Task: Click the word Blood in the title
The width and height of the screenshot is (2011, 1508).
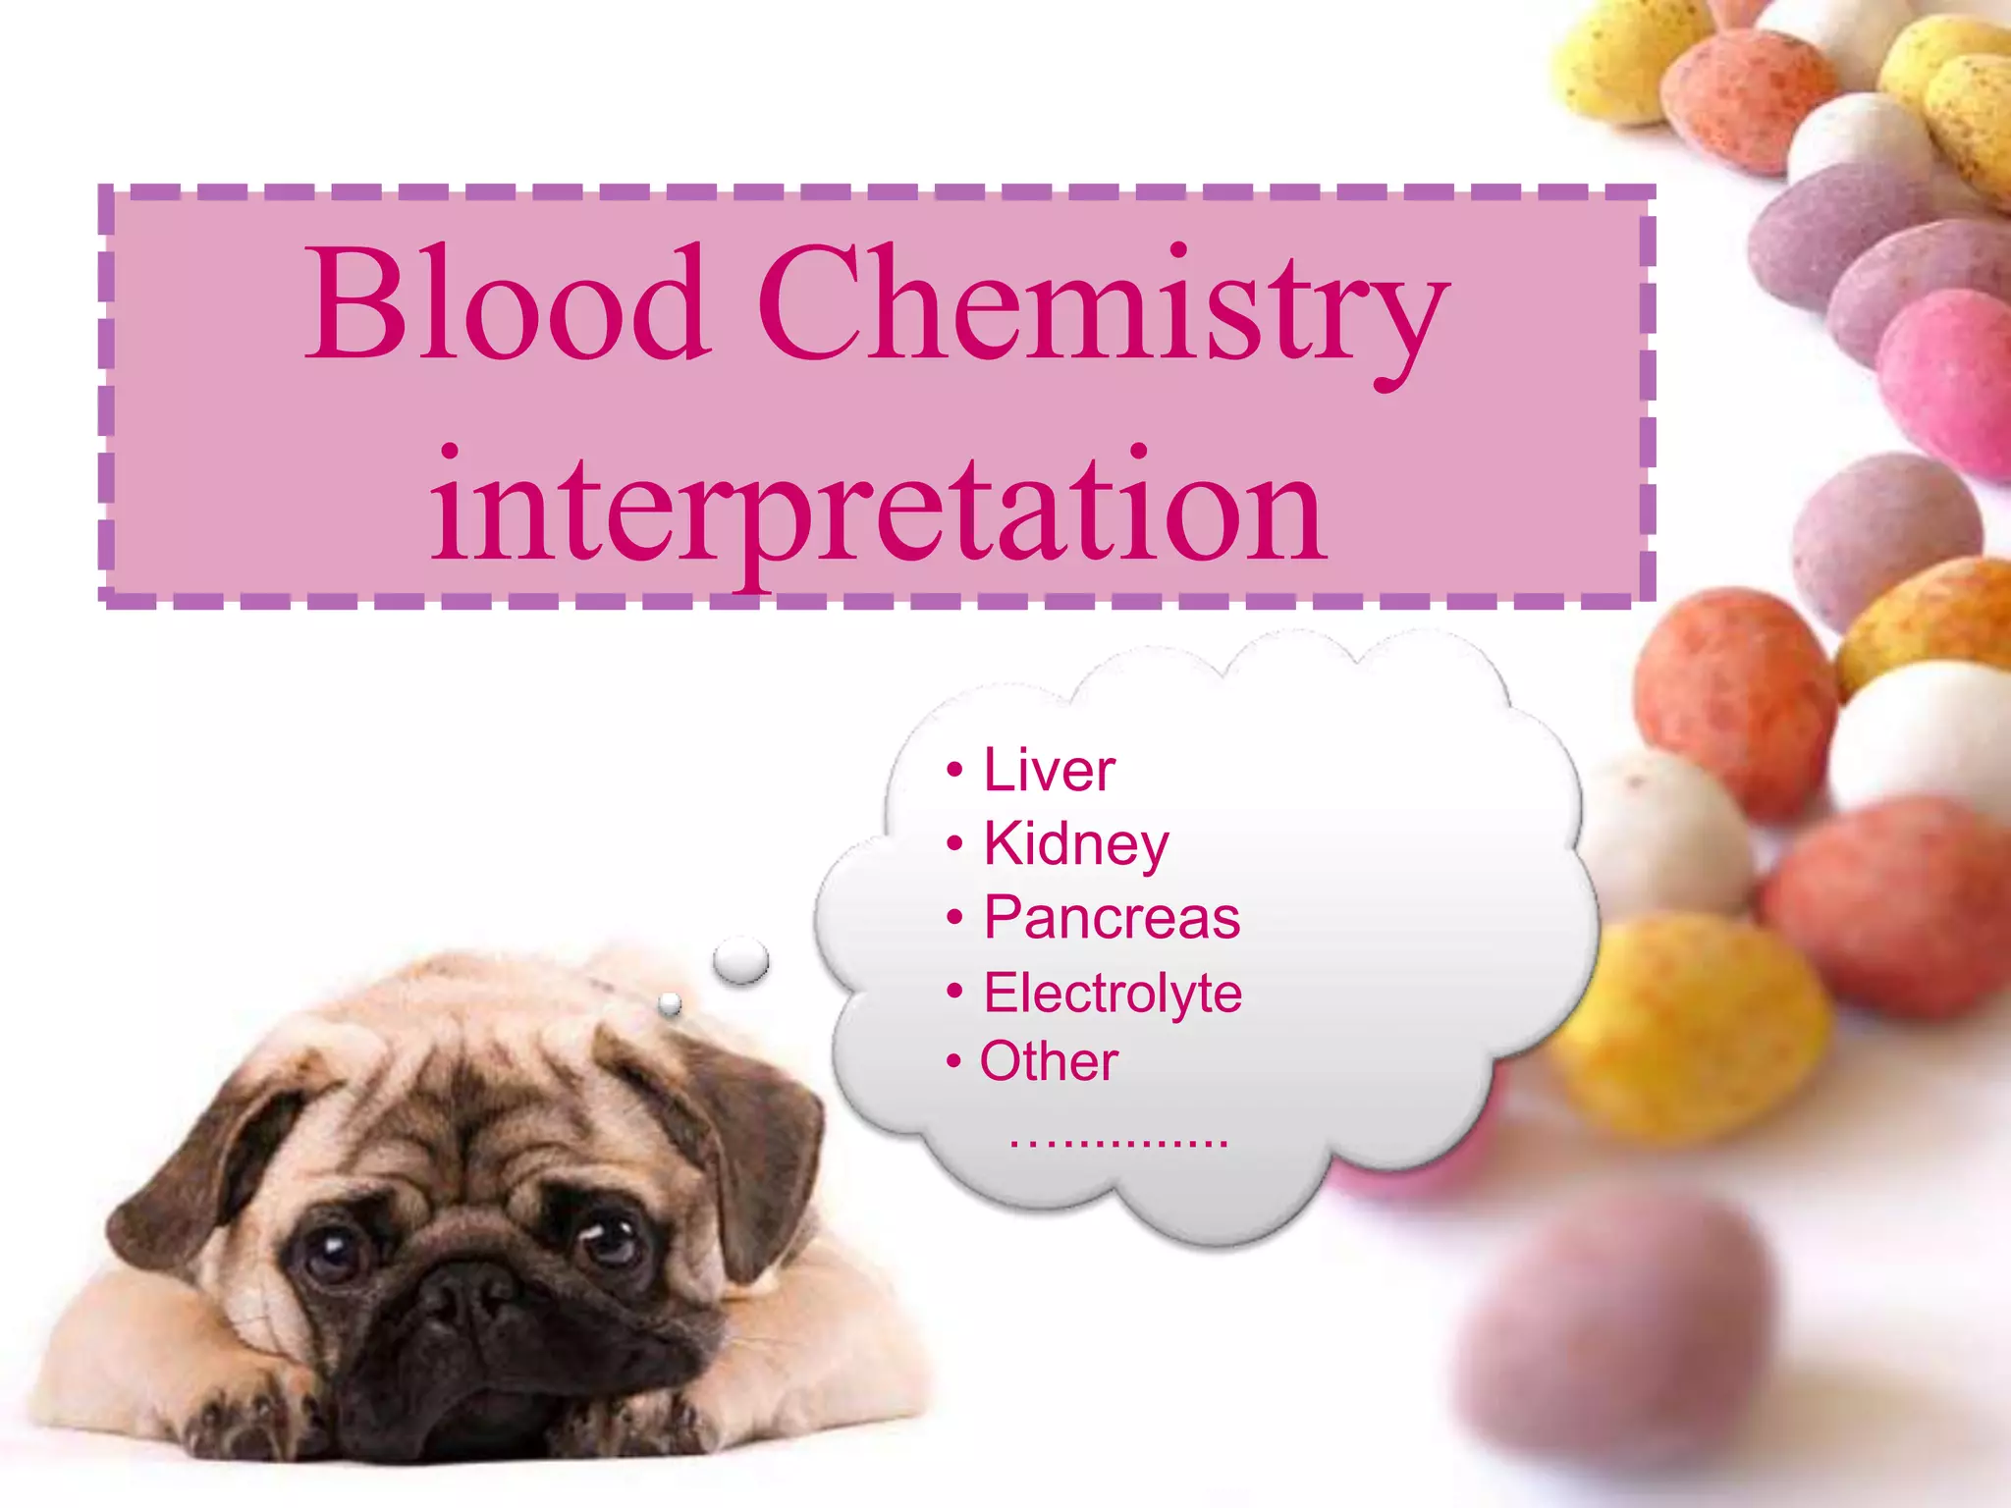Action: tap(506, 304)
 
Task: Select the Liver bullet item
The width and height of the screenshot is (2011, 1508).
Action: tap(1049, 770)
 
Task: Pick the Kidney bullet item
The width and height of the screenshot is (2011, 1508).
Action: tap(1075, 843)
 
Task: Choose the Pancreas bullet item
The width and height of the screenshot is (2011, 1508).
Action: tap(1111, 918)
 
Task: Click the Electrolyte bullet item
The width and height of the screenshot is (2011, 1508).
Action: tap(1112, 993)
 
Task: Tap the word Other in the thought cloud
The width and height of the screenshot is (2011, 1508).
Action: tap(1048, 1061)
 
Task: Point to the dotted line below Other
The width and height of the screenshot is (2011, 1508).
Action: tap(1118, 1142)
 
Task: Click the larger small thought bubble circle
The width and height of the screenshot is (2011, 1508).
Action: tap(741, 959)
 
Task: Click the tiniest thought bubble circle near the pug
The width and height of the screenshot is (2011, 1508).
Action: tap(670, 1003)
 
